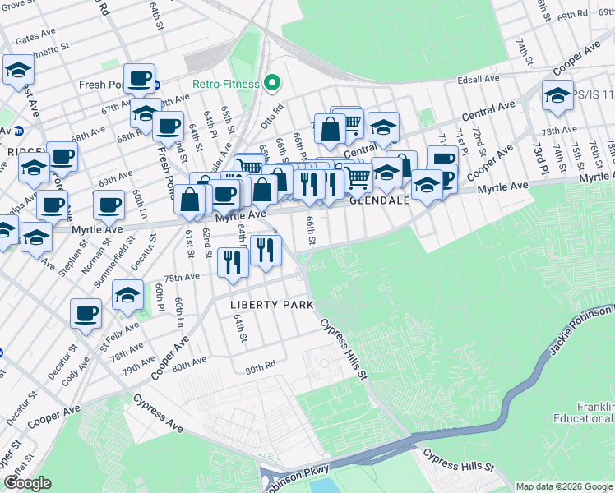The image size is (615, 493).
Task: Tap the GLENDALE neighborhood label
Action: coord(379,200)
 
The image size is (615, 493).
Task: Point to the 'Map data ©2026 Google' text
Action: coord(564,486)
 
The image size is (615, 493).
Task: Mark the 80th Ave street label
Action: coord(188,362)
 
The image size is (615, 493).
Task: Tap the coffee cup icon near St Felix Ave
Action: coord(87,313)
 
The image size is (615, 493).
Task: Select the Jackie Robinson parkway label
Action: coord(580,329)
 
